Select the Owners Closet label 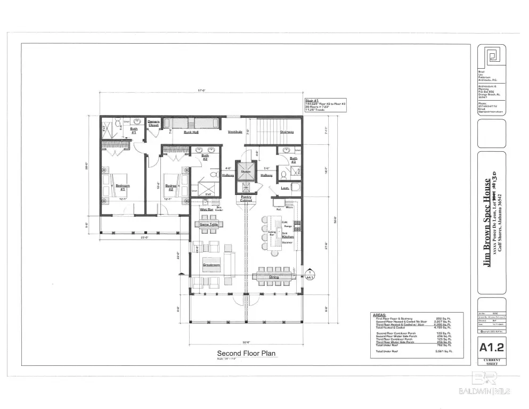pos(153,123)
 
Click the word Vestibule pos(235,132)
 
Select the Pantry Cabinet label pos(246,198)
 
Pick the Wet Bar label pos(207,210)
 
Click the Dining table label pos(273,276)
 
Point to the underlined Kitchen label pos(288,236)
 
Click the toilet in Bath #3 pos(284,174)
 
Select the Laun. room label pos(285,187)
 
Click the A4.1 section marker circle pos(308,275)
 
